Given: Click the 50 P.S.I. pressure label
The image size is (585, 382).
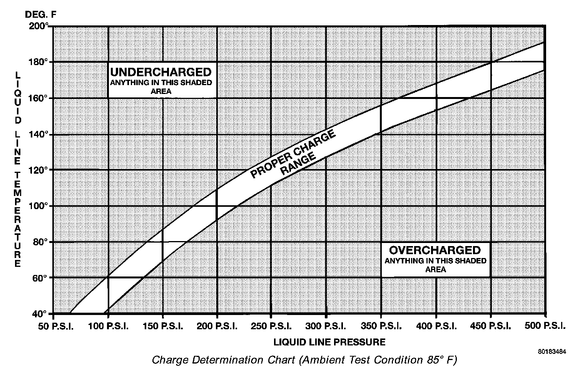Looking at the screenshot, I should [56, 327].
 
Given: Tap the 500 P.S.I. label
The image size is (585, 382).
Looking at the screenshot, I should [545, 326].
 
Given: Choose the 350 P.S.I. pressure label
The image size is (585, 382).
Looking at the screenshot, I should [381, 327].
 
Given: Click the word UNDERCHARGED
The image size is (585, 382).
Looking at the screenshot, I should [161, 72].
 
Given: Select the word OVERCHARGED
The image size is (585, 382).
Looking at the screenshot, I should [435, 250].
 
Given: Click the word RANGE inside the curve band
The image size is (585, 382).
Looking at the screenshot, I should [298, 164].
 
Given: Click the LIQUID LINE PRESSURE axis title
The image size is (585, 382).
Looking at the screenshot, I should [329, 342].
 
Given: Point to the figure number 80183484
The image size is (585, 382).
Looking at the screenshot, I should [552, 352].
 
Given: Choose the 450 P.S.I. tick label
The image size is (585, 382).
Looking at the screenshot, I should [490, 327].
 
